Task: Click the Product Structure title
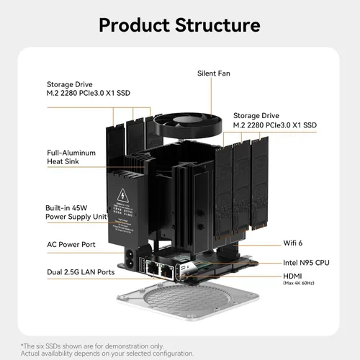180,25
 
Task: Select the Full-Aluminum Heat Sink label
73,158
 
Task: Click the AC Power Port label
71,245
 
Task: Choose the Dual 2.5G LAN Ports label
81,272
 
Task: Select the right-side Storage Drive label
274,120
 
